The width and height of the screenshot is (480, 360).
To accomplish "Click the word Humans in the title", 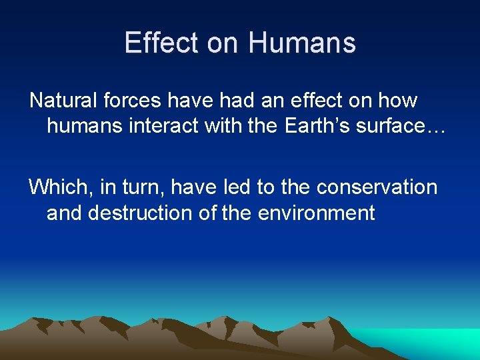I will tap(302, 43).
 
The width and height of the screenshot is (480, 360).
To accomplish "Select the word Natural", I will tap(63, 101).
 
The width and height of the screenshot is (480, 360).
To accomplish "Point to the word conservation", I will tap(377, 187).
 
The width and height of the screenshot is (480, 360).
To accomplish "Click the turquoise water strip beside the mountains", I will tap(440, 343).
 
